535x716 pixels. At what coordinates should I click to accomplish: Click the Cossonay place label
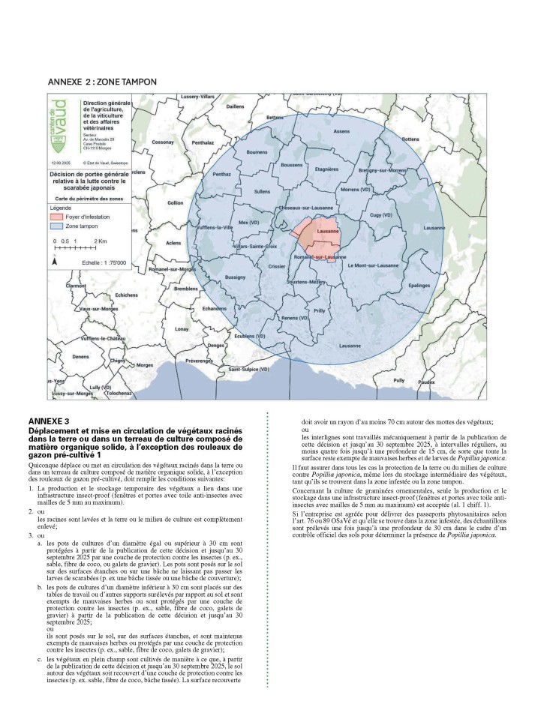click(x=163, y=142)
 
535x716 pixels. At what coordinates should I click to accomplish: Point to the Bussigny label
click(x=235, y=277)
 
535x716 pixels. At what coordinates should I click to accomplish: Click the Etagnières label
click(x=327, y=169)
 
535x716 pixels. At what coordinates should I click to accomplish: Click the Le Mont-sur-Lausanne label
click(x=373, y=264)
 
